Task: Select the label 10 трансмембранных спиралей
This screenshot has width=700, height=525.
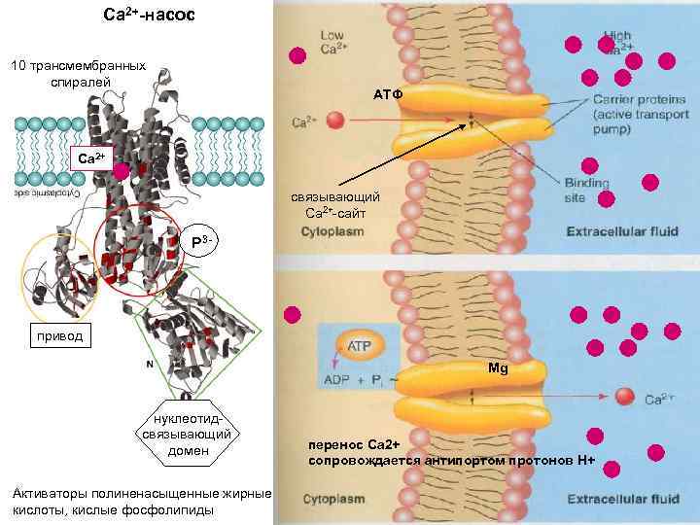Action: click(x=77, y=74)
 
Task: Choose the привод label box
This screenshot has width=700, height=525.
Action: click(x=60, y=337)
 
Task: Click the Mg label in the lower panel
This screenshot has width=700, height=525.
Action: click(x=498, y=369)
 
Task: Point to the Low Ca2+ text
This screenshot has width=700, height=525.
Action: click(x=332, y=42)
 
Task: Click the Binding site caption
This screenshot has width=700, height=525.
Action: click(x=586, y=190)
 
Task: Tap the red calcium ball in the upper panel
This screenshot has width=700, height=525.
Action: click(x=335, y=121)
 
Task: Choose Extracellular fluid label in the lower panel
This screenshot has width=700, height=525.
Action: click(x=622, y=500)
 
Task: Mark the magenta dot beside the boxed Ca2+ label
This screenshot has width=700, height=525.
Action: click(x=121, y=172)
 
